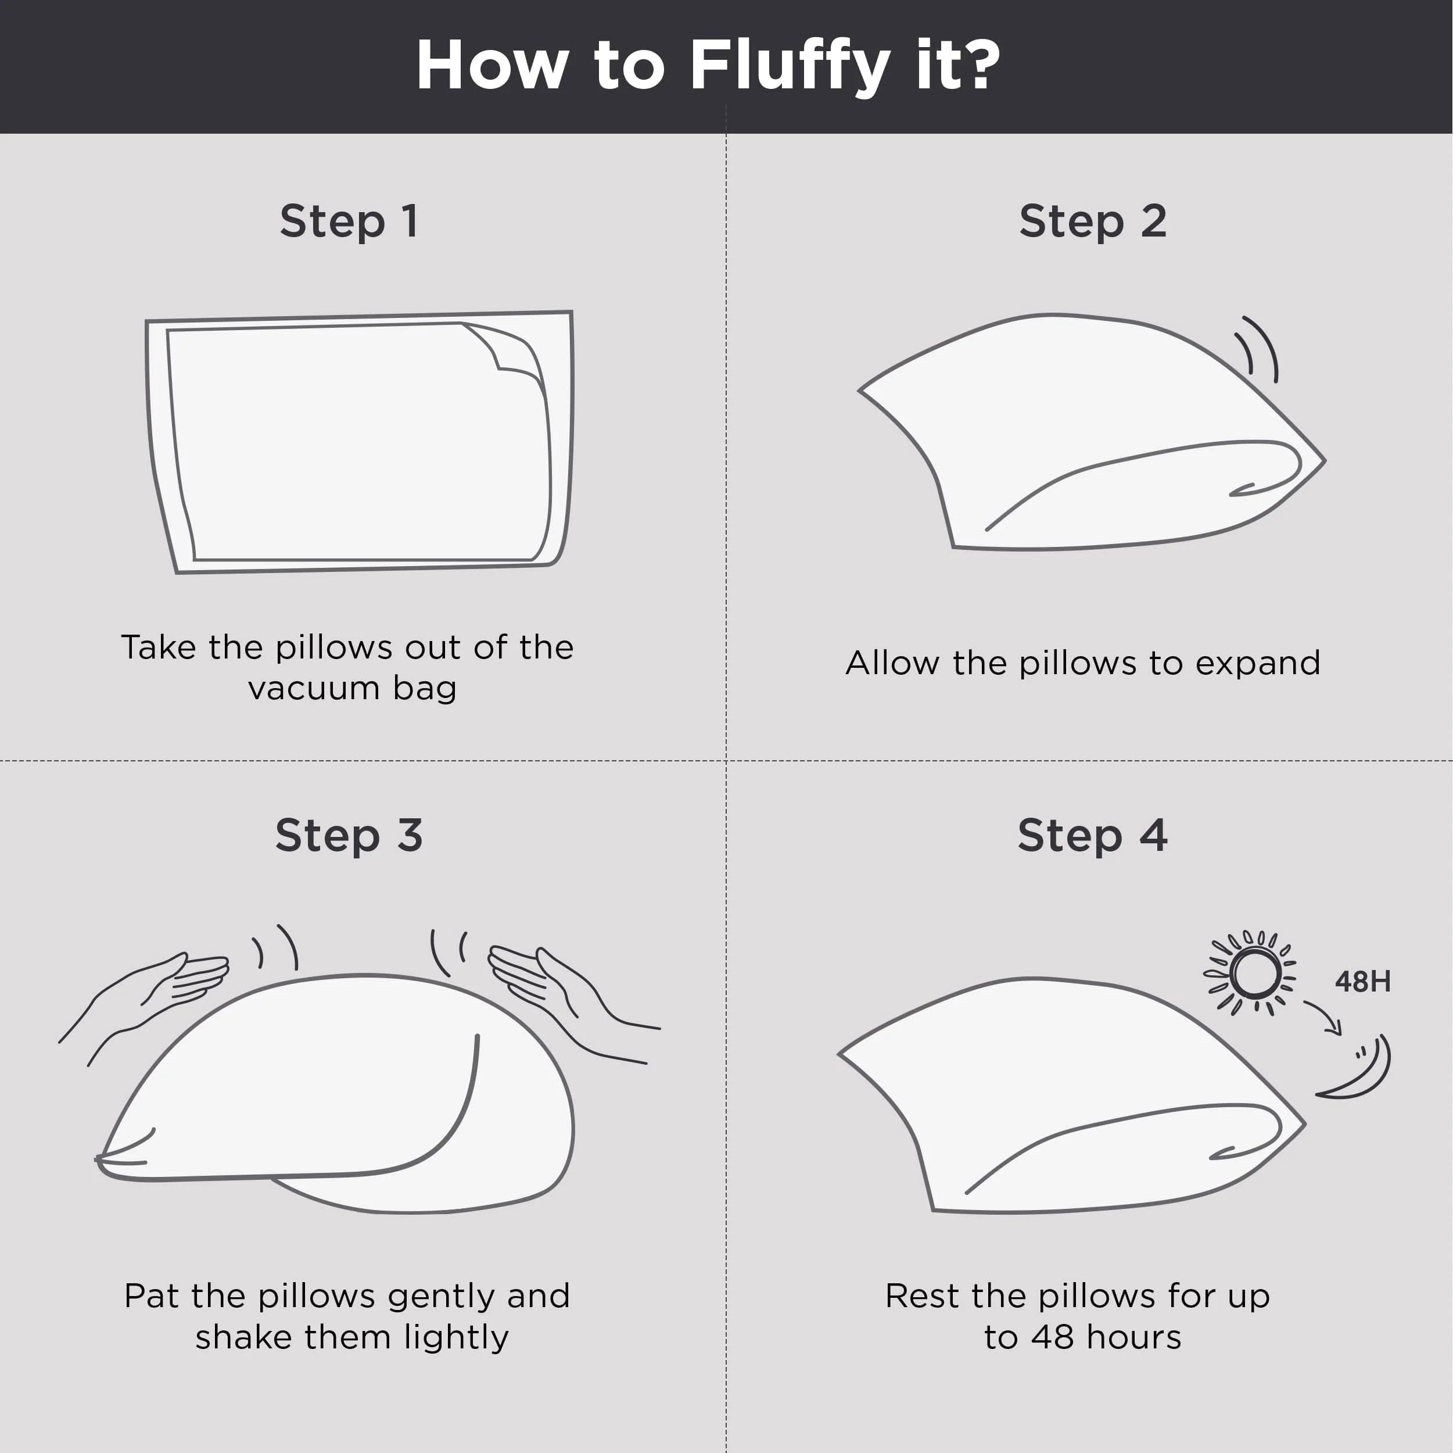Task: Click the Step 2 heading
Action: tap(1093, 222)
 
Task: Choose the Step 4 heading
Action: tap(1093, 836)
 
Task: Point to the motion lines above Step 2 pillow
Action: tap(1257, 348)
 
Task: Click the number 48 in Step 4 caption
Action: tap(1052, 1338)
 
